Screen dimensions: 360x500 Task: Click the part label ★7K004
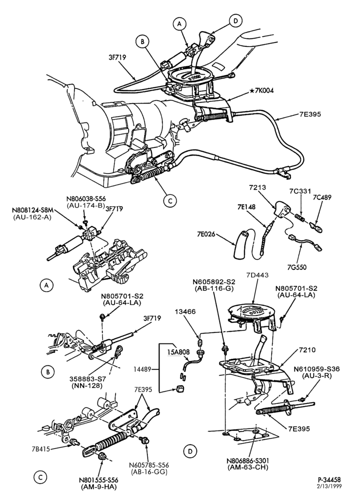[261, 90]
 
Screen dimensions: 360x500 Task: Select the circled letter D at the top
[235, 20]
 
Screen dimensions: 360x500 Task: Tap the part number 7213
[257, 187]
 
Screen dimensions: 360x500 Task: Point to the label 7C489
[321, 197]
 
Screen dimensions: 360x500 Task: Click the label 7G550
[296, 266]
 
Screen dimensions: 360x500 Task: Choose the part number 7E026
[205, 235]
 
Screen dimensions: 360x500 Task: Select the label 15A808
[179, 352]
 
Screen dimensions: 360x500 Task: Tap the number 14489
[142, 369]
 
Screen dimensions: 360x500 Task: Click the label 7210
[307, 350]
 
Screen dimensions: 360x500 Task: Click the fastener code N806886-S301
[248, 461]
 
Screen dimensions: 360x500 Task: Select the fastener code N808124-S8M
[32, 210]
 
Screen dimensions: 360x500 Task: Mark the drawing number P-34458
[329, 479]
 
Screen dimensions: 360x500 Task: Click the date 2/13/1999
[329, 486]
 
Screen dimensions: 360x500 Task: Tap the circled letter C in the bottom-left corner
[40, 477]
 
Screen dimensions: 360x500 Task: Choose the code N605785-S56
[148, 465]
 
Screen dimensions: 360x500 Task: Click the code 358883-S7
[86, 379]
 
